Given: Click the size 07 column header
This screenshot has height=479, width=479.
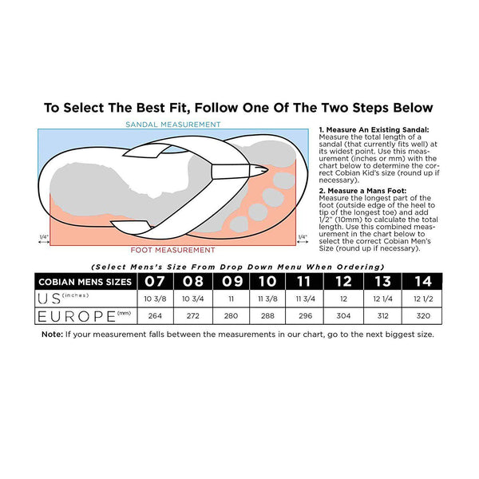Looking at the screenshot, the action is point(155,281).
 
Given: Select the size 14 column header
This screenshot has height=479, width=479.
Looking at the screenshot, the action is point(422,281).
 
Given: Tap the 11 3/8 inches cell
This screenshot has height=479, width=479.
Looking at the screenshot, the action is point(267,299).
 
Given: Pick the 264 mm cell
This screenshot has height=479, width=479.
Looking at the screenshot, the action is point(155,316).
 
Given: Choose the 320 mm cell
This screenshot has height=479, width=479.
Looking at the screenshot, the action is point(423,316).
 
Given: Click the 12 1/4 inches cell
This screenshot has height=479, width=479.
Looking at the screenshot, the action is point(382,299).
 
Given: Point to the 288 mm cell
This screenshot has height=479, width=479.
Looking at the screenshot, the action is point(267,316).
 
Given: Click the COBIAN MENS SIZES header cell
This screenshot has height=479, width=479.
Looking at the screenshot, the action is point(85,282).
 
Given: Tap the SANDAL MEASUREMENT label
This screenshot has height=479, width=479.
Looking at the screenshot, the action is point(173,125).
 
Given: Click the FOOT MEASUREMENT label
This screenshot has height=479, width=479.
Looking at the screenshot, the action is point(173,250).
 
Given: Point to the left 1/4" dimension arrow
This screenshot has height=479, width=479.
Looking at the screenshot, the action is point(44,242).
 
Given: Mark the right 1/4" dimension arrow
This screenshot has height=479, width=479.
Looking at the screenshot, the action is point(303,242).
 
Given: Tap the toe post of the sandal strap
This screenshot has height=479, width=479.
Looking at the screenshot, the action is point(238,171).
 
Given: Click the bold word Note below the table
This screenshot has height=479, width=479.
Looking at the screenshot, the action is point(52,335).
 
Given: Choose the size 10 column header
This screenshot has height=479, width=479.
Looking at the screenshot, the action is point(267,281).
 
